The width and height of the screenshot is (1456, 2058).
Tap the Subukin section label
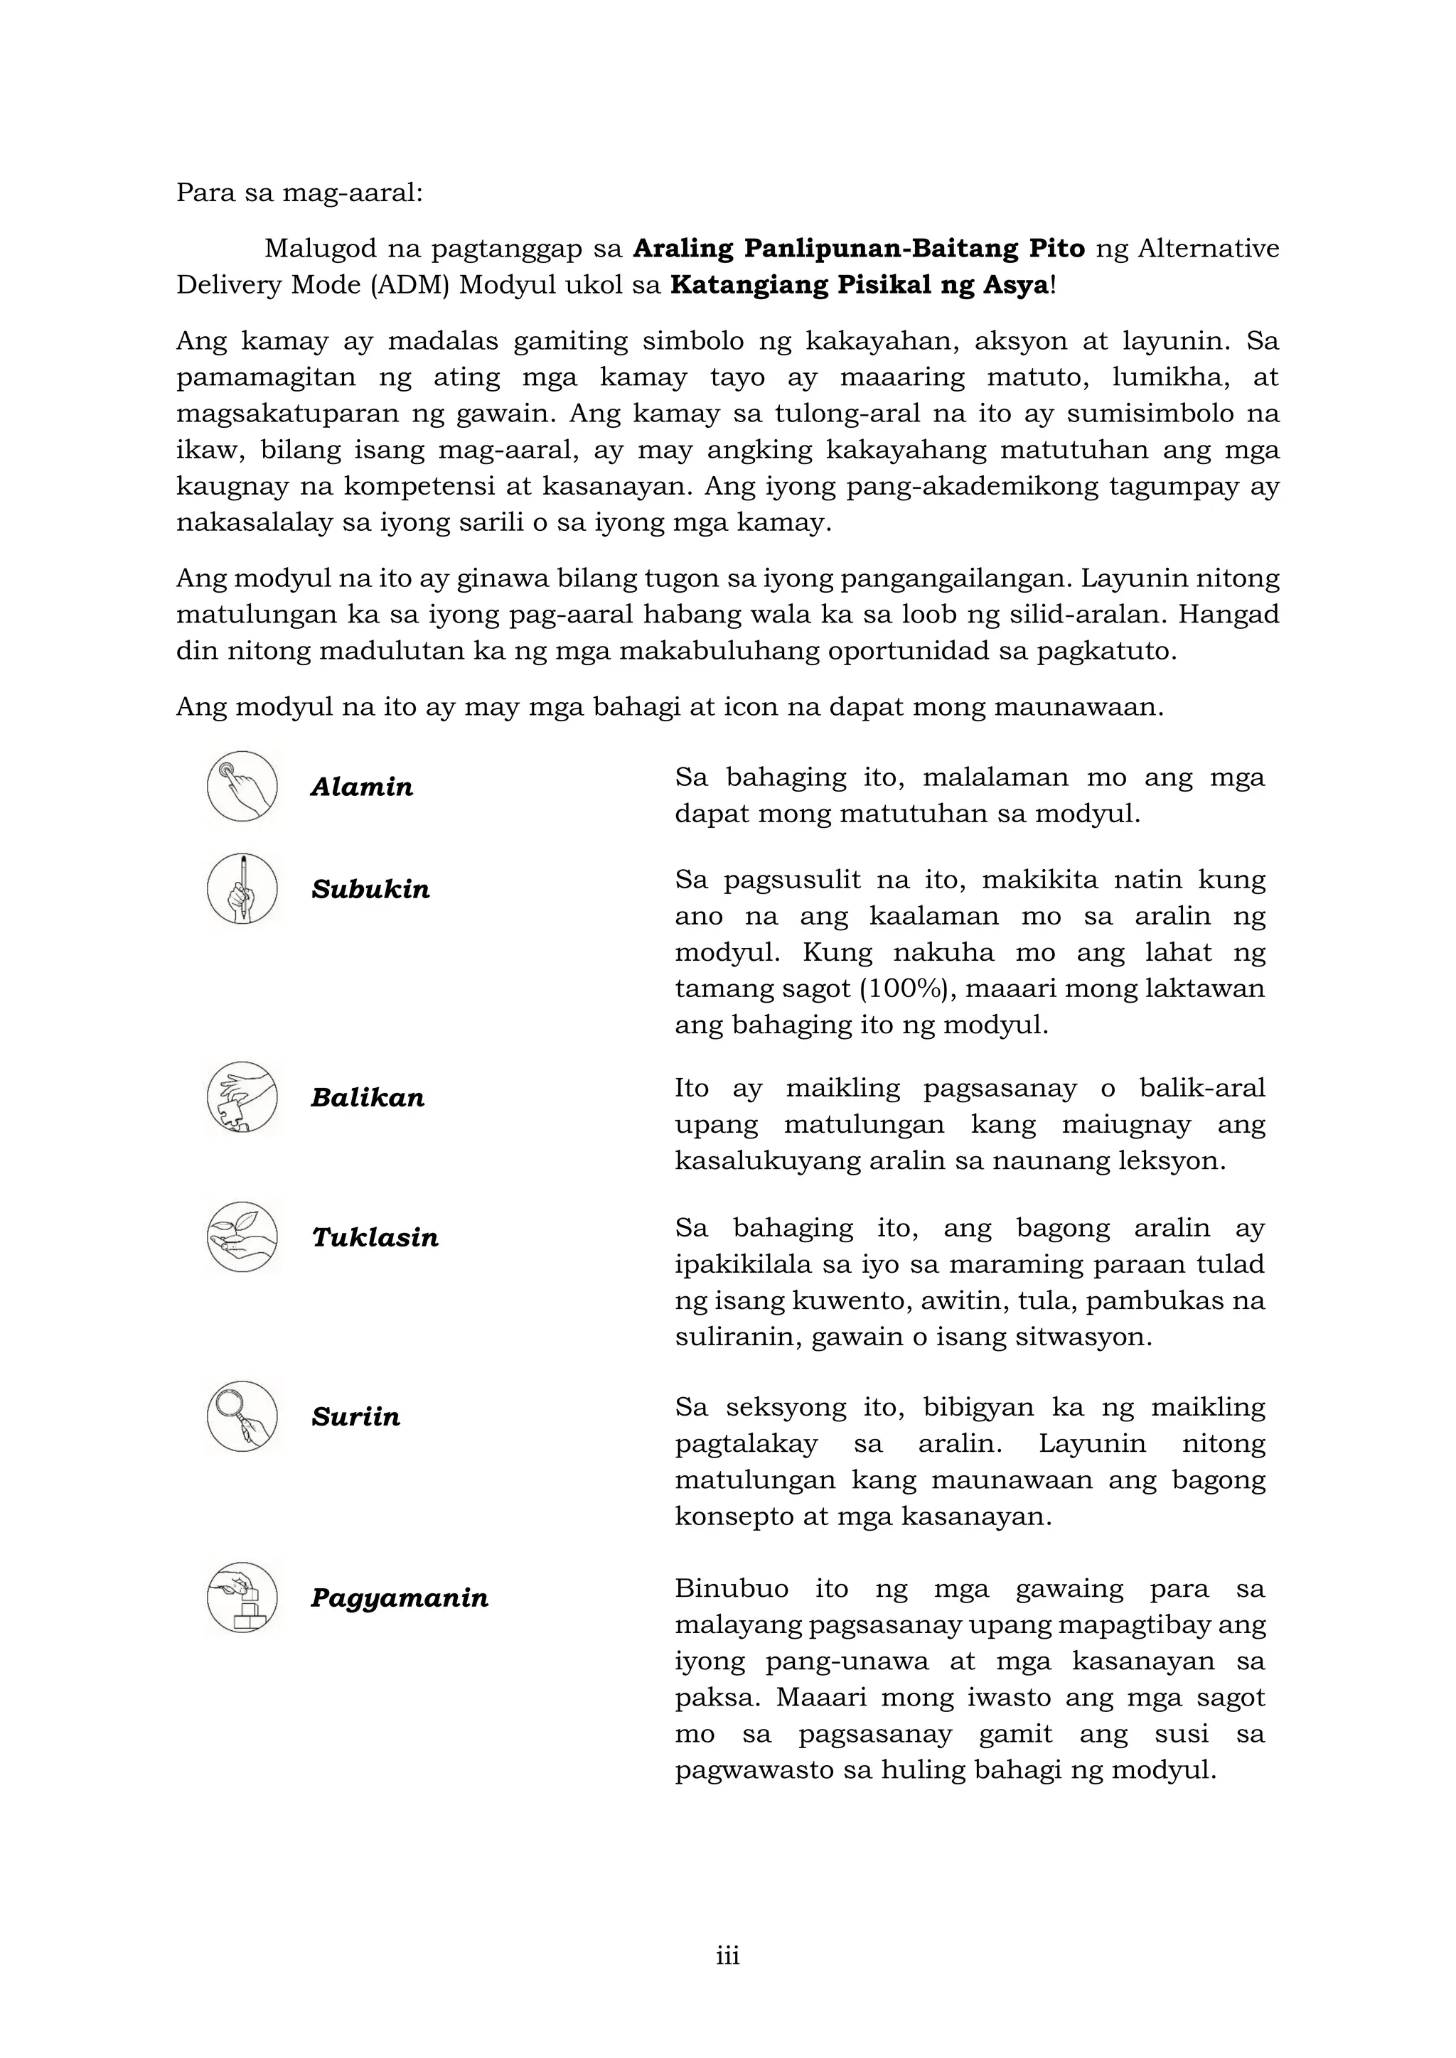tap(370, 890)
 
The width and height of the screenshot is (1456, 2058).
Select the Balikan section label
tap(367, 1098)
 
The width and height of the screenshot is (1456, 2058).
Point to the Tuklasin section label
tap(375, 1238)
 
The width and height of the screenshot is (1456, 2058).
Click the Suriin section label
tap(355, 1417)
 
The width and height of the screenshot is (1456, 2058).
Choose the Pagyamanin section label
tap(399, 1598)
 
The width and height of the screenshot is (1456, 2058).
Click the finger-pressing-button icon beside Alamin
tap(242, 786)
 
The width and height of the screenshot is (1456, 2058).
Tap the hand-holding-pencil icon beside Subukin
tap(242, 888)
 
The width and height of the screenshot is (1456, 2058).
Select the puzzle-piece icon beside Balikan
tap(242, 1097)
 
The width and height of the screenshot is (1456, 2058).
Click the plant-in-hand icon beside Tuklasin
tap(242, 1237)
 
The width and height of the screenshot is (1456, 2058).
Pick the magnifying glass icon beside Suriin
tap(242, 1416)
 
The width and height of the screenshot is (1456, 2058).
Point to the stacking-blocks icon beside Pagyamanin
tap(242, 1598)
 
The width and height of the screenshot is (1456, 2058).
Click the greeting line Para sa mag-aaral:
tap(299, 193)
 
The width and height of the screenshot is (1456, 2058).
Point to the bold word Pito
tap(1056, 248)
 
